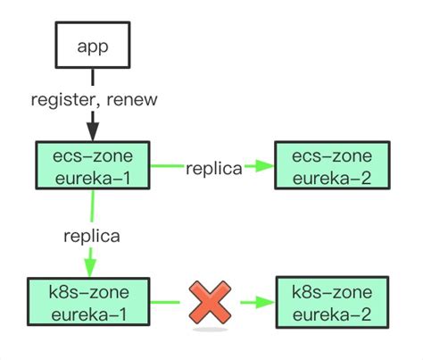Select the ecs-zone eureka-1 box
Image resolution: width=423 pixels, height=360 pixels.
pos(92,165)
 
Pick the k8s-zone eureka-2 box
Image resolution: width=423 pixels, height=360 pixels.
pos(333,303)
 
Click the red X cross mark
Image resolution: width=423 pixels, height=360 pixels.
pos(211,303)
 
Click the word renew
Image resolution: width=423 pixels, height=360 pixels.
pos(132,99)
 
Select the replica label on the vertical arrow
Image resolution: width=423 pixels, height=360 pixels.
pos(90,237)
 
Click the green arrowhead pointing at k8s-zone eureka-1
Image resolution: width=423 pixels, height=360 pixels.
pos(89,268)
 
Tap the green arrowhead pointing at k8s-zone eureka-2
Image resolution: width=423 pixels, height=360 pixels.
pos(262,303)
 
